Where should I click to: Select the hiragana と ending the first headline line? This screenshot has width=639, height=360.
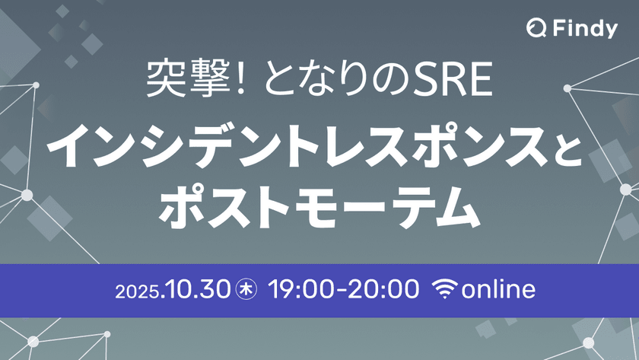pyautogui.click(x=566, y=145)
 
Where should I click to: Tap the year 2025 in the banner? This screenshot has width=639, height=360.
pyautogui.click(x=135, y=290)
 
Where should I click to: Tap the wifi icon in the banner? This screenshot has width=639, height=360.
pyautogui.click(x=445, y=289)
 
